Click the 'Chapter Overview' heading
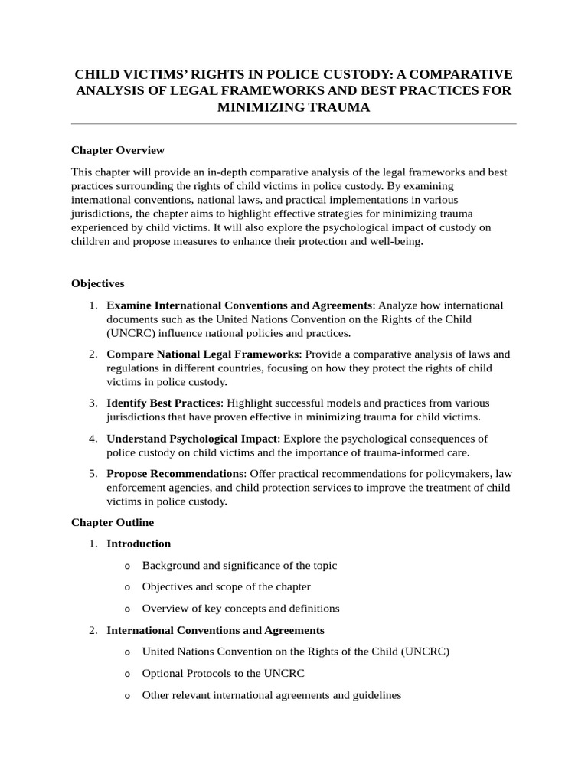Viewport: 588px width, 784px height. pos(117,150)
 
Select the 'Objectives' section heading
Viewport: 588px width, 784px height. pos(97,283)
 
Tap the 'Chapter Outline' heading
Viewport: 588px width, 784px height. pos(113,522)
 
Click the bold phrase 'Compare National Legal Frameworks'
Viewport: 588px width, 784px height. pos(202,354)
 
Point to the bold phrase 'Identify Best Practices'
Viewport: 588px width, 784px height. pos(164,403)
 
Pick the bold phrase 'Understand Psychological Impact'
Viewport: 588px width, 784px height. pos(191,439)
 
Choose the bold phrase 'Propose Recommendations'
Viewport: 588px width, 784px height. pos(175,474)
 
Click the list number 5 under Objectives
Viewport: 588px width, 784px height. pos(92,474)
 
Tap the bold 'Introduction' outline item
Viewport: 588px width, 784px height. pos(139,544)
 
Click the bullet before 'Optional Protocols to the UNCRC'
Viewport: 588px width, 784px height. pos(126,675)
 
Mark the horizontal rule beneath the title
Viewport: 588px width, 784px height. pos(294,123)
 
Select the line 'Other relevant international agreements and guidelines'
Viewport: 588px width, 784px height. pos(271,696)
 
